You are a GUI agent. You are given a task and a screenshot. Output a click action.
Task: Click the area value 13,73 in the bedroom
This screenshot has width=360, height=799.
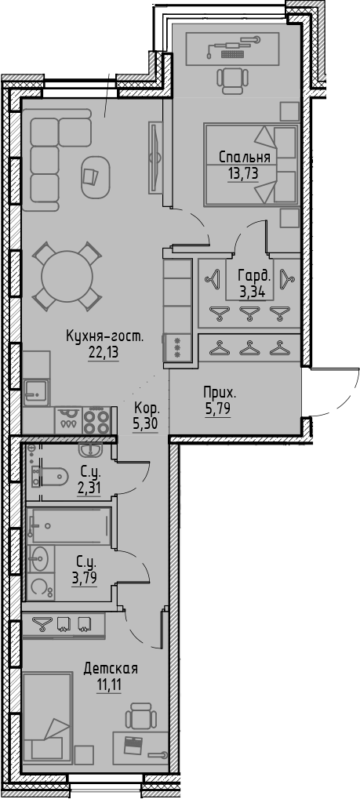pos(243,173)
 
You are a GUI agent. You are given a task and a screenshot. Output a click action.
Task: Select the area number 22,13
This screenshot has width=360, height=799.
pos(105,352)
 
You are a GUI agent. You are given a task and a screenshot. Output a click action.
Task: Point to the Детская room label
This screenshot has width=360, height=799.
pos(111,669)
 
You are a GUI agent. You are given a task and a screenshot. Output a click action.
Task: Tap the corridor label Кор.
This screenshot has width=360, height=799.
pos(147,409)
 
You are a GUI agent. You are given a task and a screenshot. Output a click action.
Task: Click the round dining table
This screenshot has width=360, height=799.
pos(67,277)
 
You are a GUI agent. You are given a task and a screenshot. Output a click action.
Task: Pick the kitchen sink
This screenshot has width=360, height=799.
pos(35,390)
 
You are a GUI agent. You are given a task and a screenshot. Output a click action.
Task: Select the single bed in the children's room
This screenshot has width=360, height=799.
pos(48,717)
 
